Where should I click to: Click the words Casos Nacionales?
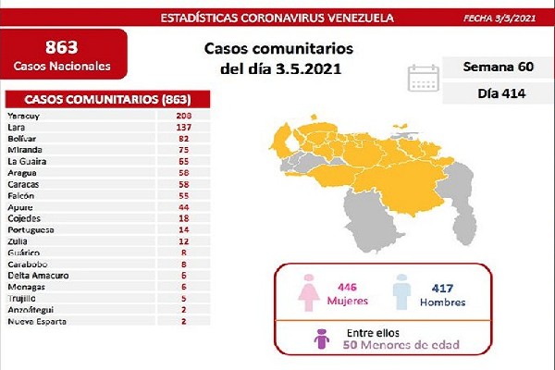[x=64, y=67]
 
